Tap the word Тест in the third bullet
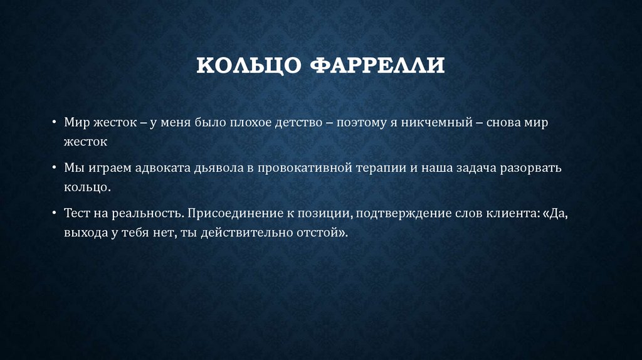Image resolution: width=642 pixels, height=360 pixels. click(x=77, y=213)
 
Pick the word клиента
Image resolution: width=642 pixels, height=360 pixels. click(x=507, y=213)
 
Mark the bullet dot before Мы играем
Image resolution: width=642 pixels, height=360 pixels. click(x=55, y=168)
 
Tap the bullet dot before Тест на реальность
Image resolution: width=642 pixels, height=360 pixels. click(x=55, y=213)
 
